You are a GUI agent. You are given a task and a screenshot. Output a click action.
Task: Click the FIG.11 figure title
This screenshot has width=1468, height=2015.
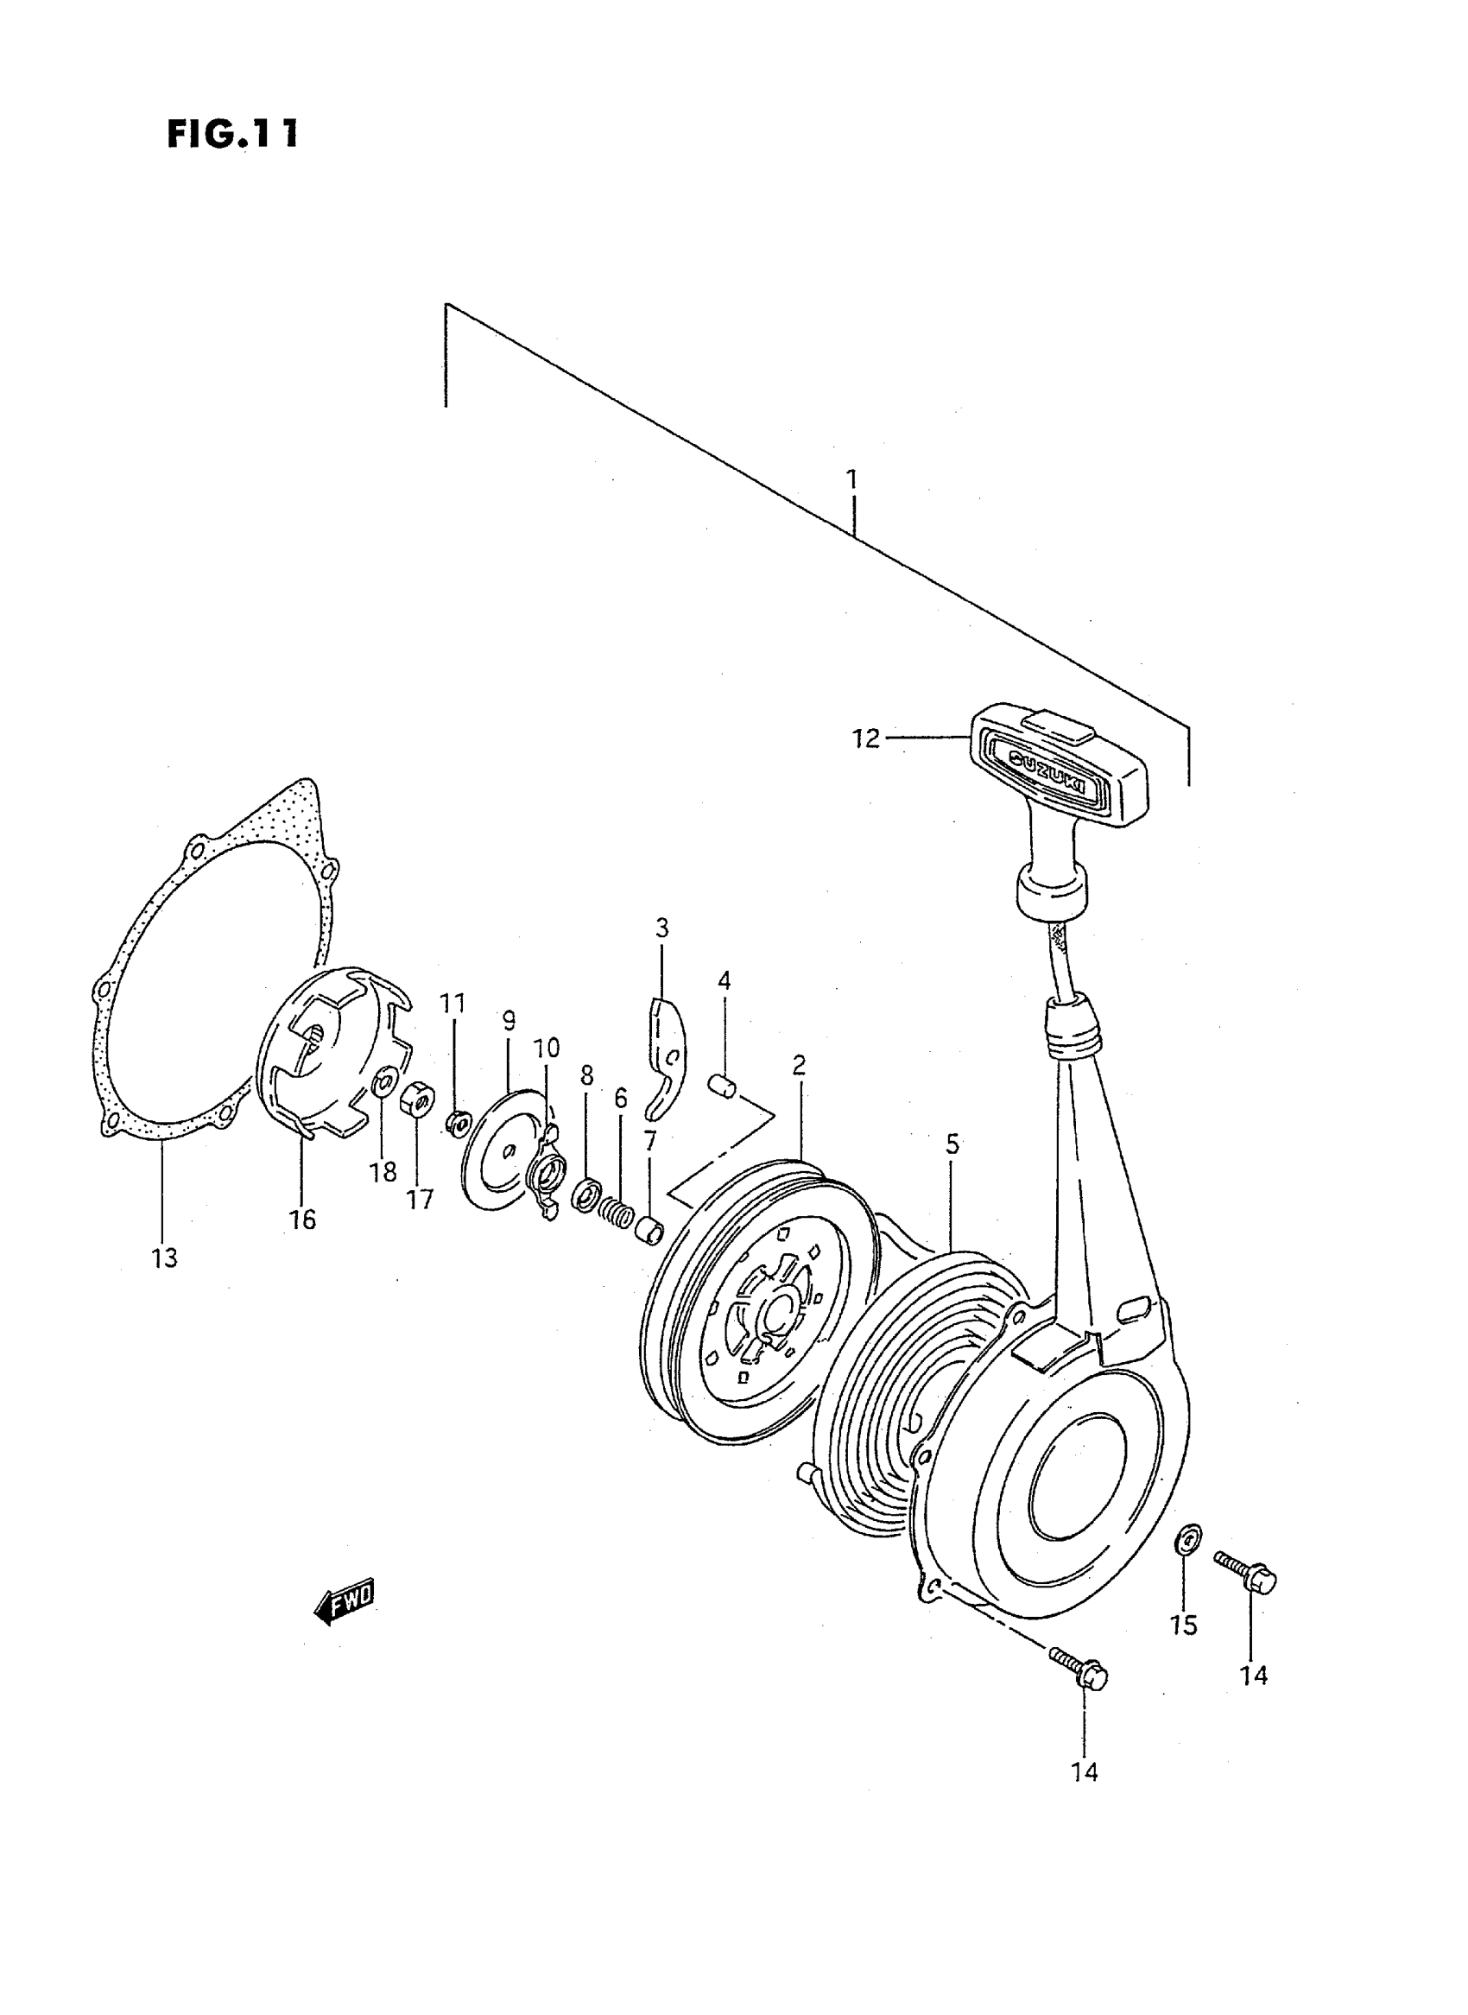[233, 133]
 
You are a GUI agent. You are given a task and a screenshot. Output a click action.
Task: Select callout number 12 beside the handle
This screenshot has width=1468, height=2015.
[864, 738]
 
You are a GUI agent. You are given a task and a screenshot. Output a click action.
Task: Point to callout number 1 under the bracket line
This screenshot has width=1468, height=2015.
[852, 480]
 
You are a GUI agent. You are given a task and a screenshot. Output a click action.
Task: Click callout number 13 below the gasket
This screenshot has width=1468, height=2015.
[165, 1258]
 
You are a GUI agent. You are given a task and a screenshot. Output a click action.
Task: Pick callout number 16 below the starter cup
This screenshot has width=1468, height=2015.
[302, 1220]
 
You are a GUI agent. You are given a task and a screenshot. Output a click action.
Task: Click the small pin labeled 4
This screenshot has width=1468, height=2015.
[725, 1087]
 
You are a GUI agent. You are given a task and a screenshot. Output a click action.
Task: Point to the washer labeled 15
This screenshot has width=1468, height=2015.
[1186, 1537]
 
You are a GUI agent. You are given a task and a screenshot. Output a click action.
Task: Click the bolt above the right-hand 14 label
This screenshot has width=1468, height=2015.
[1246, 1571]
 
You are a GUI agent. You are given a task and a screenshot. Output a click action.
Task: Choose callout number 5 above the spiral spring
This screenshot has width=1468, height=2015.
[952, 1144]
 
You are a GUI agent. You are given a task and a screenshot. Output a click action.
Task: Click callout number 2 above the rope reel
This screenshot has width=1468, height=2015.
[799, 1065]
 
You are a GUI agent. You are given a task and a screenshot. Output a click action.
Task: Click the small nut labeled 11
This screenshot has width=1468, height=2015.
[456, 1124]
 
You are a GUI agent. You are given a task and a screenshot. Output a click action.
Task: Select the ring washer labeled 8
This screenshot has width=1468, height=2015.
[585, 1195]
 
